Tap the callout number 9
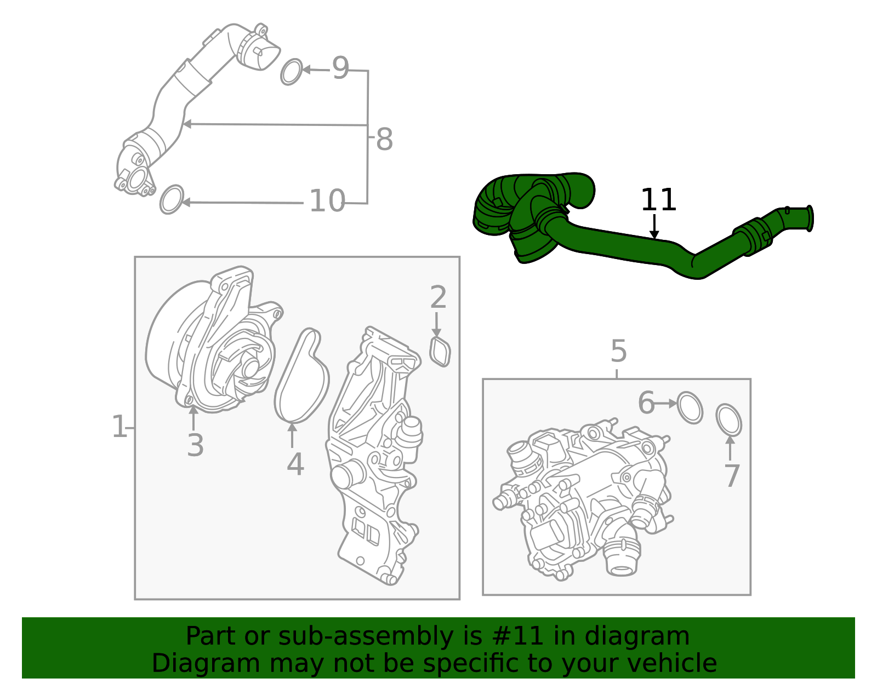pos(340,68)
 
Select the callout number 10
pos(327,201)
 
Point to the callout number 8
pos(384,140)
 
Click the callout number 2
pos(438,297)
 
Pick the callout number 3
pos(195,445)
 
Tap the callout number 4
pos(295,464)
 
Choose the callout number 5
pos(619,350)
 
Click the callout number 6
pos(646,403)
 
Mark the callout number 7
pos(732,475)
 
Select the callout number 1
pos(119,426)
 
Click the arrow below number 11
pos(654,227)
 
